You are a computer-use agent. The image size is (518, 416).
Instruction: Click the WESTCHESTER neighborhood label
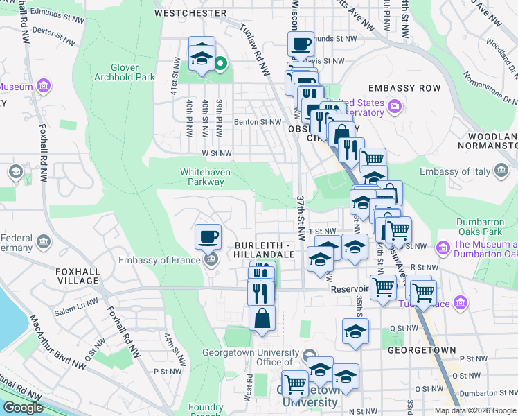tap(190, 13)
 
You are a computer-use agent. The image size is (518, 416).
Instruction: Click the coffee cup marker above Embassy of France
tap(208, 237)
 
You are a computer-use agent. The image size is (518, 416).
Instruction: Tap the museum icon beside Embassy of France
tap(211, 260)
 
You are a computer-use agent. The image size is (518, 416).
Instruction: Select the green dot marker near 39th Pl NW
tap(220, 65)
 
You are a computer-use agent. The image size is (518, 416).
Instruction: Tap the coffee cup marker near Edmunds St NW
tap(301, 44)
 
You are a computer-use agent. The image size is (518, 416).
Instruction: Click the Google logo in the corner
tap(23, 408)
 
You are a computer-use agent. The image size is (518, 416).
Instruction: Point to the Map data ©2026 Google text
tap(475, 410)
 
